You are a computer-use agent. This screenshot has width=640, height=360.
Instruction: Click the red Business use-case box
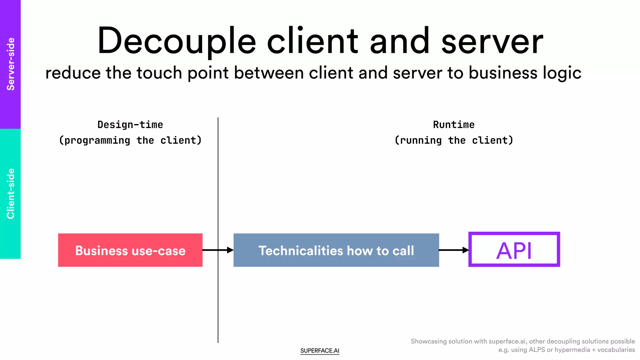(130, 250)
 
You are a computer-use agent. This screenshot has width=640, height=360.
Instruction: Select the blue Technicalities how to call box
(336, 250)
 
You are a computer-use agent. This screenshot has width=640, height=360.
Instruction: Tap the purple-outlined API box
(514, 250)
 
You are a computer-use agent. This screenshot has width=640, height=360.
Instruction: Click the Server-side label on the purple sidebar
(11, 64)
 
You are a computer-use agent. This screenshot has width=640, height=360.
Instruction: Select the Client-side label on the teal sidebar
(11, 194)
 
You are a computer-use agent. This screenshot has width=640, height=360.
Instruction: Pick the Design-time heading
(130, 125)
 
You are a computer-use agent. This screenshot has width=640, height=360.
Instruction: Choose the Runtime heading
(454, 125)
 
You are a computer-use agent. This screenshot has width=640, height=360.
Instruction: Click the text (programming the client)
(130, 140)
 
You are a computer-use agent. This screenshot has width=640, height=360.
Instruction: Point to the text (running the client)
(454, 140)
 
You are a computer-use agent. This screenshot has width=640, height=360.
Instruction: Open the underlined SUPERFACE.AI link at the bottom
(320, 351)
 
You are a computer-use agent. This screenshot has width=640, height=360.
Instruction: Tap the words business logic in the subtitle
(525, 73)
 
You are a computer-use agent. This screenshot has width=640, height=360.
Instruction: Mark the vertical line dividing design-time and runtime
(218, 187)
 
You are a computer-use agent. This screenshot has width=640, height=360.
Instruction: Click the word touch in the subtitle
(159, 73)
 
